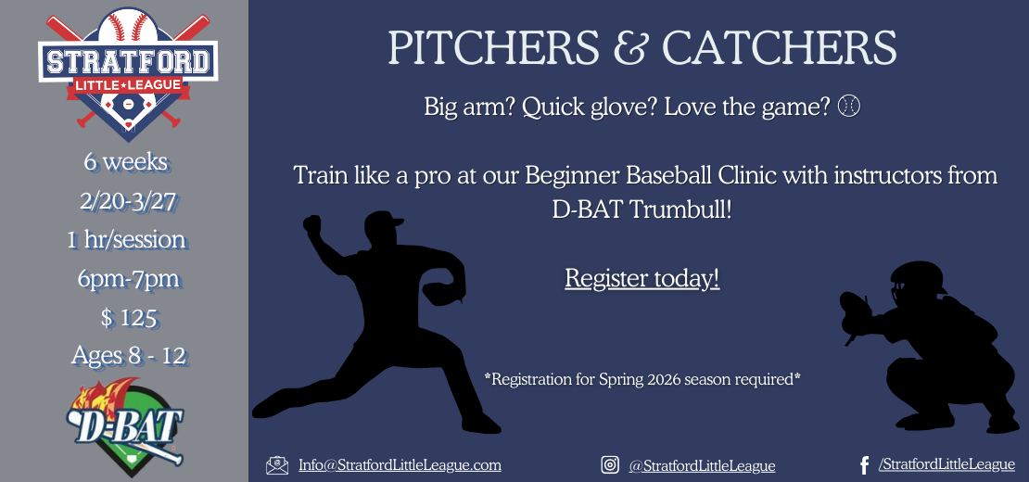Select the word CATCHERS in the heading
(x=779, y=47)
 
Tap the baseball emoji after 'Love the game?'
(x=849, y=107)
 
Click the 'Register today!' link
(x=642, y=278)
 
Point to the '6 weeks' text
(x=126, y=162)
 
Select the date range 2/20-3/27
(x=126, y=201)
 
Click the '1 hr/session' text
(x=126, y=240)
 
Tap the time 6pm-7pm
(x=126, y=278)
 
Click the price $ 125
(x=128, y=317)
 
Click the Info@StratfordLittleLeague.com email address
(x=400, y=464)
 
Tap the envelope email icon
(x=277, y=465)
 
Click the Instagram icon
(x=610, y=465)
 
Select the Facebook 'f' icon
(x=864, y=465)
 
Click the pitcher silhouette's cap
(x=385, y=220)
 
